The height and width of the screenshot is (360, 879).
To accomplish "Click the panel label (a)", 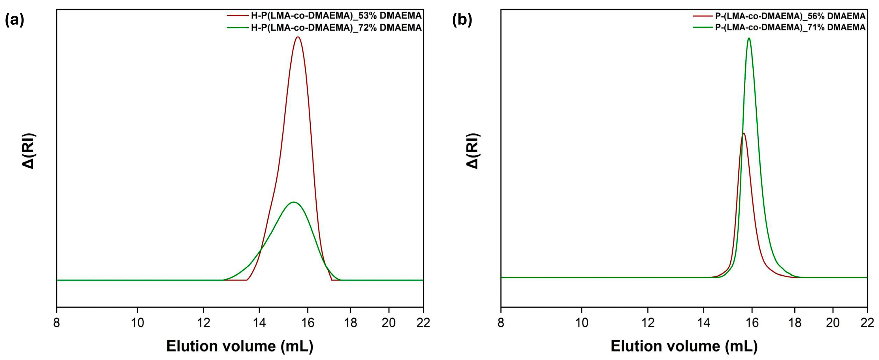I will (14, 21).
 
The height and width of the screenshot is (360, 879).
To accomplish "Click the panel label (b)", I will (462, 21).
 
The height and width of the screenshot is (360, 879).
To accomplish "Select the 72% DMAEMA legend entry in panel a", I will (336, 28).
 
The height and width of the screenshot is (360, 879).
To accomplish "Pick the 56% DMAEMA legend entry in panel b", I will (790, 16).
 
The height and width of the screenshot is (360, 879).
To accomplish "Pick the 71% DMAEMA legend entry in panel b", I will (790, 27).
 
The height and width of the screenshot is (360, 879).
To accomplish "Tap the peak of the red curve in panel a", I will (298, 37).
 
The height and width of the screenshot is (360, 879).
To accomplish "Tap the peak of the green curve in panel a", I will (293, 202).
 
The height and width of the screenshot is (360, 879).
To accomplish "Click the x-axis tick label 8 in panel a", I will (57, 322).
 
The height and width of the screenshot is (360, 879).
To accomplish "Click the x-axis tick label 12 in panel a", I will (203, 322).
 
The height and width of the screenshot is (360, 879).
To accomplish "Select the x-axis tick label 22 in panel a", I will (423, 322).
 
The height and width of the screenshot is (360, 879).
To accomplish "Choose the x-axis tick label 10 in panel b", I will (581, 322).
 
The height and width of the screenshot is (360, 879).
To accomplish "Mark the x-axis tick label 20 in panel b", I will (833, 322).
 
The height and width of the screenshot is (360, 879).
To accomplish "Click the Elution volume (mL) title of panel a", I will (240, 346).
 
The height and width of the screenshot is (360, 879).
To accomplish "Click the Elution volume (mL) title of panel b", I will (684, 346).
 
